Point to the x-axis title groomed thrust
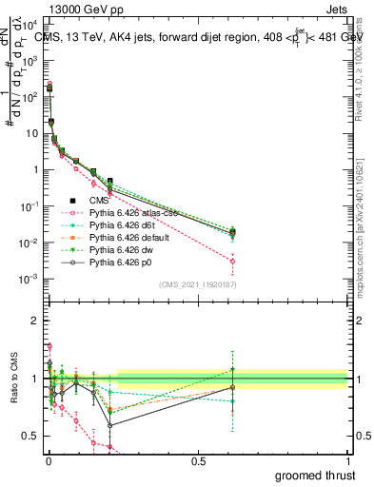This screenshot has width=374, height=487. [314, 474]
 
